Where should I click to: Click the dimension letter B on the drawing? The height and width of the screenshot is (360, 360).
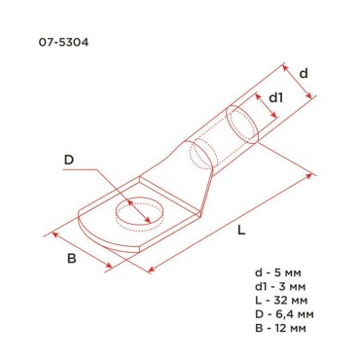click(70, 259)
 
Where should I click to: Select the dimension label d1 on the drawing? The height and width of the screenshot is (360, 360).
click(276, 97)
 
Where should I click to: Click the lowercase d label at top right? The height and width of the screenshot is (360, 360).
click(304, 73)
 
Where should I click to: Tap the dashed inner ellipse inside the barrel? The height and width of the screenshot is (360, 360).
click(200, 153)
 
